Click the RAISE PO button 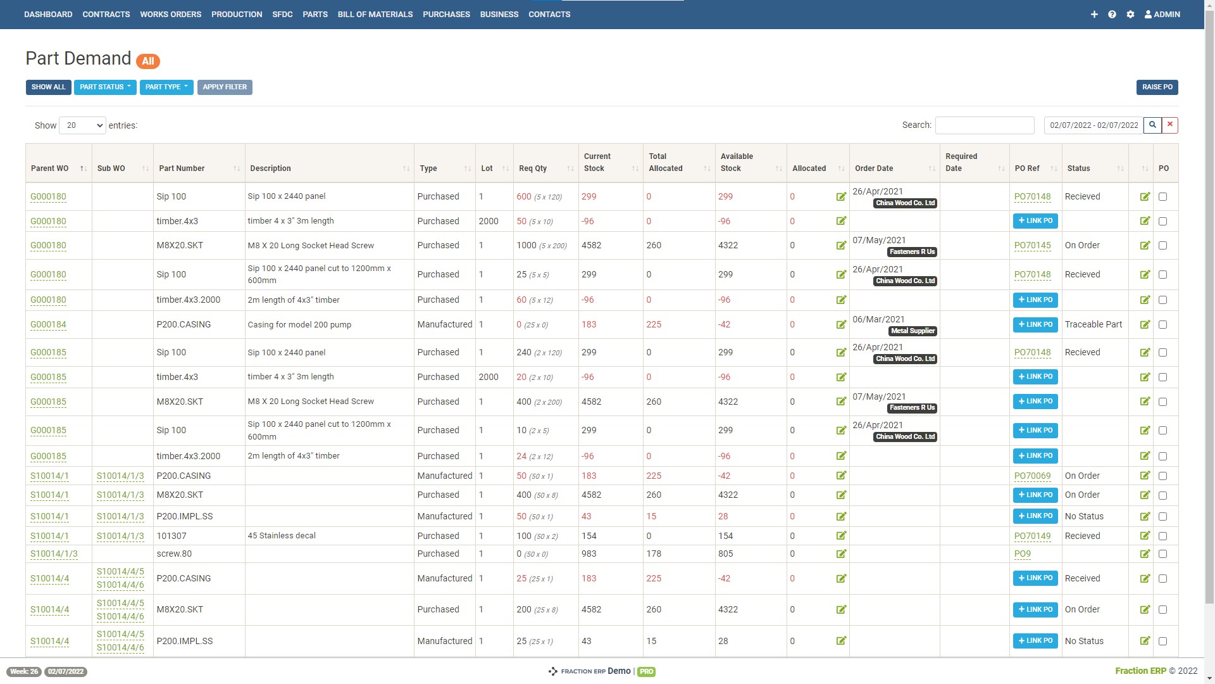1157,87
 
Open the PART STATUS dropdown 105,87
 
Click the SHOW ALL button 48,87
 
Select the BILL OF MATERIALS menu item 375,14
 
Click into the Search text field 984,125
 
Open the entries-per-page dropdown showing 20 82,125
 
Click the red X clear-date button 1170,125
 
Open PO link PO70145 1032,246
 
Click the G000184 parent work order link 48,325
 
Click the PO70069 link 1032,476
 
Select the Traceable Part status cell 1093,325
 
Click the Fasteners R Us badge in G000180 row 912,252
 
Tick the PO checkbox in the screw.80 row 1162,554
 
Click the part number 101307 171,536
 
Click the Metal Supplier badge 913,331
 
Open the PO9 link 1022,554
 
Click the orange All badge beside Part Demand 147,61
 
